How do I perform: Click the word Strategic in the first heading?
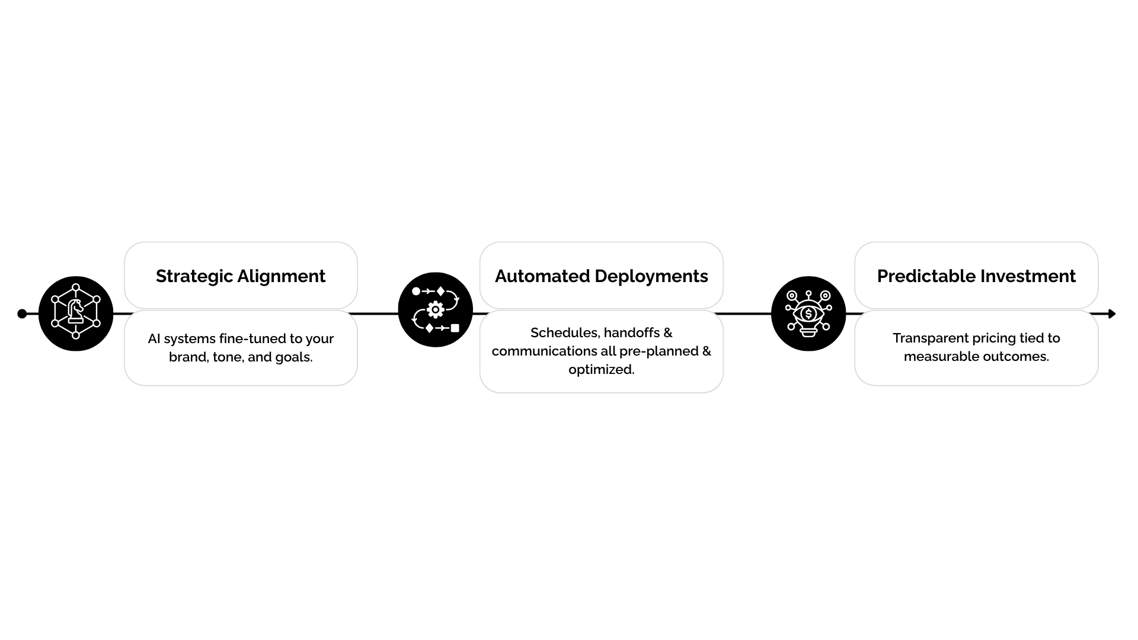point(194,276)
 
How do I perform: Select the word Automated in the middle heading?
point(542,276)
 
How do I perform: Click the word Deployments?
point(651,276)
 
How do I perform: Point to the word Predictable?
point(925,276)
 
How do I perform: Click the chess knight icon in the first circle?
point(75,311)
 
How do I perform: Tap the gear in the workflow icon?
point(436,309)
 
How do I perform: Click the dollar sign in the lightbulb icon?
point(808,313)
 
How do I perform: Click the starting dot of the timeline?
point(22,313)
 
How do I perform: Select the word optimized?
point(601,369)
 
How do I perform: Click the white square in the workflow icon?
point(455,328)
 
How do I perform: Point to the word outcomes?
point(1019,356)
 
